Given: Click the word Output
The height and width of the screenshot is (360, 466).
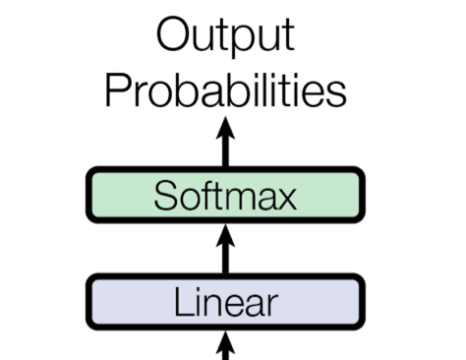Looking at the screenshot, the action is [226, 36].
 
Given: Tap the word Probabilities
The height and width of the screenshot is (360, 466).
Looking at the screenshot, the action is [226, 90].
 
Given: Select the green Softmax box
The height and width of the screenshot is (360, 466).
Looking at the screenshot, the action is [225, 195].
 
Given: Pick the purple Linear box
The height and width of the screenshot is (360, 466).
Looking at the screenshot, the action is [225, 302].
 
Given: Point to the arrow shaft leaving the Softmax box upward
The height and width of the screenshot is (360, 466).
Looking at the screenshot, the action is [225, 152].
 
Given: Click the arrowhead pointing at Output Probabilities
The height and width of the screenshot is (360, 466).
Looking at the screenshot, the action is [225, 128].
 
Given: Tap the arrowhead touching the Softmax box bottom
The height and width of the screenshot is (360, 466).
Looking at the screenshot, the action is [225, 235].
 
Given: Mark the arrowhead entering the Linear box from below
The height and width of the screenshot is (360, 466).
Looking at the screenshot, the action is [225, 342].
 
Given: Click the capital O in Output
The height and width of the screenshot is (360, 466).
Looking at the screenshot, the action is [172, 34].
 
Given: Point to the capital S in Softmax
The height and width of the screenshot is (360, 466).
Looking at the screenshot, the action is [166, 195].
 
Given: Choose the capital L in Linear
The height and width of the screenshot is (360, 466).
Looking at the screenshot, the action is [184, 301].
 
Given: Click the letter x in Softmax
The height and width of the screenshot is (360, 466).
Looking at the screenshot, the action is [285, 199].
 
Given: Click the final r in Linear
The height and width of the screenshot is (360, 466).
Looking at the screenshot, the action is [272, 306].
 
